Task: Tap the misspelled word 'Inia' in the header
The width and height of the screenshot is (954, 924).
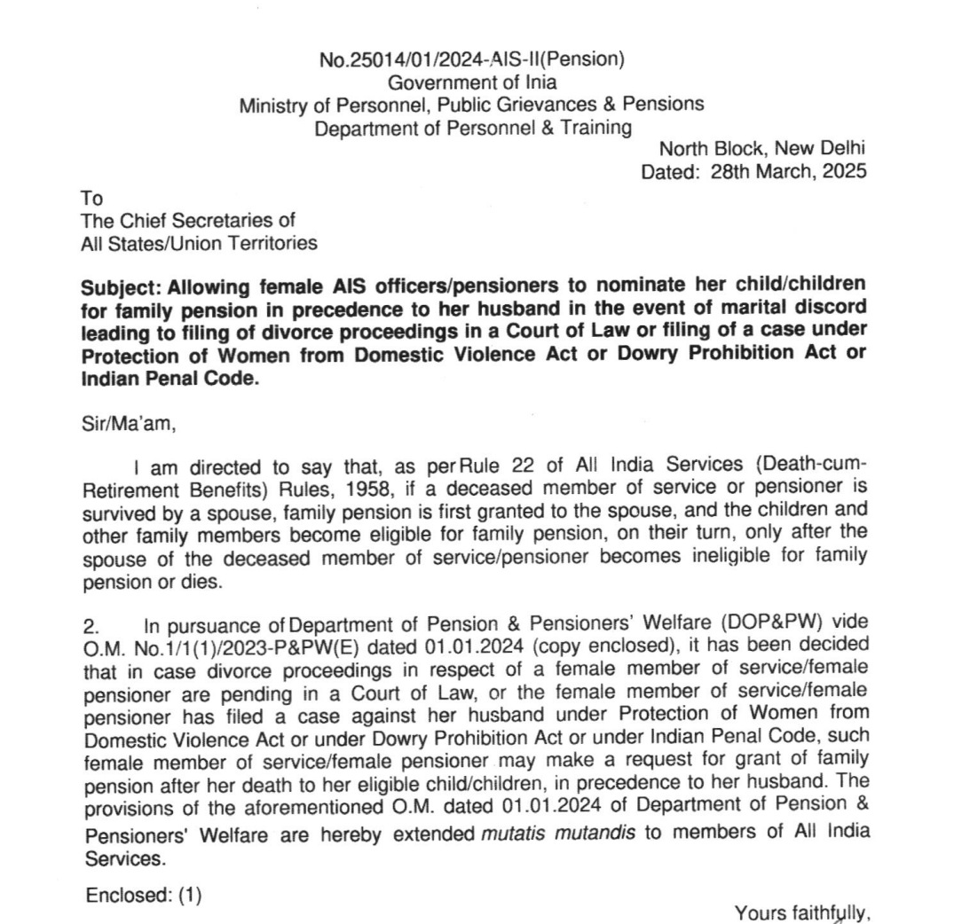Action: click(540, 82)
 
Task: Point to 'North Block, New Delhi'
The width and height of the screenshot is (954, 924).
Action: click(761, 149)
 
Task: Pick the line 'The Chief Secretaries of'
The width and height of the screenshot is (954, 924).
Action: click(188, 221)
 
